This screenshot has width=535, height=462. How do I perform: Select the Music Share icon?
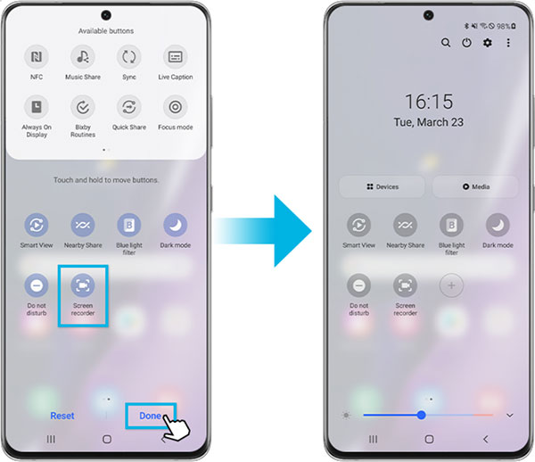click(83, 58)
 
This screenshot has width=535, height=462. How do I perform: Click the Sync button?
click(129, 58)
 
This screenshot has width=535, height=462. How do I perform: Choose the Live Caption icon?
click(175, 58)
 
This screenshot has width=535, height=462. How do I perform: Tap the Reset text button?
click(62, 416)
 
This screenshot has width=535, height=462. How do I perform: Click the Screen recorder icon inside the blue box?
click(83, 285)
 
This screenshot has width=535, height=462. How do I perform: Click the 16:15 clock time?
click(428, 101)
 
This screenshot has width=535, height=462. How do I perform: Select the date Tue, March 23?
click(428, 122)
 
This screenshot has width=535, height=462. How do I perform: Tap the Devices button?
click(382, 186)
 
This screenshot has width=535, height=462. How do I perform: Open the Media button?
click(474, 186)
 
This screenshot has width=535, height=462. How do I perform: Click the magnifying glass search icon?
click(446, 43)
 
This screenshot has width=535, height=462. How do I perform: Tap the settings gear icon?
click(488, 43)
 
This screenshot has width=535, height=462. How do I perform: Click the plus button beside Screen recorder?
click(451, 285)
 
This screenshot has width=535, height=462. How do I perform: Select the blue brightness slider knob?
click(421, 415)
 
